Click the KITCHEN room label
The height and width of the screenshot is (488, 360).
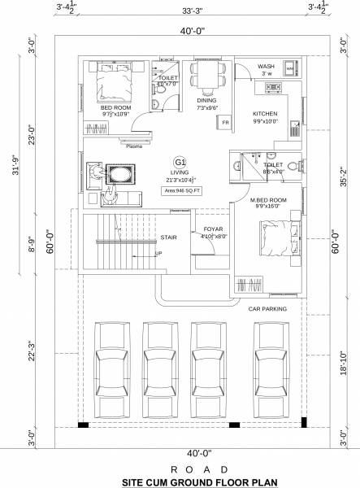pos(266,114)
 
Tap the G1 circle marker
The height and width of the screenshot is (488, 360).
pos(180,163)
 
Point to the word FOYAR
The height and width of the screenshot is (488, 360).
pos(214,229)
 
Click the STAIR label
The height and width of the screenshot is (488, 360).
pos(169,239)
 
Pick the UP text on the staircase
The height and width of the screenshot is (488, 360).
pos(158,253)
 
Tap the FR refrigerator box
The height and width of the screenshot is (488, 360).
pos(225,122)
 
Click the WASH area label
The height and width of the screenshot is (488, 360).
pos(266,67)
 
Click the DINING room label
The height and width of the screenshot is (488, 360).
pos(206,100)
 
